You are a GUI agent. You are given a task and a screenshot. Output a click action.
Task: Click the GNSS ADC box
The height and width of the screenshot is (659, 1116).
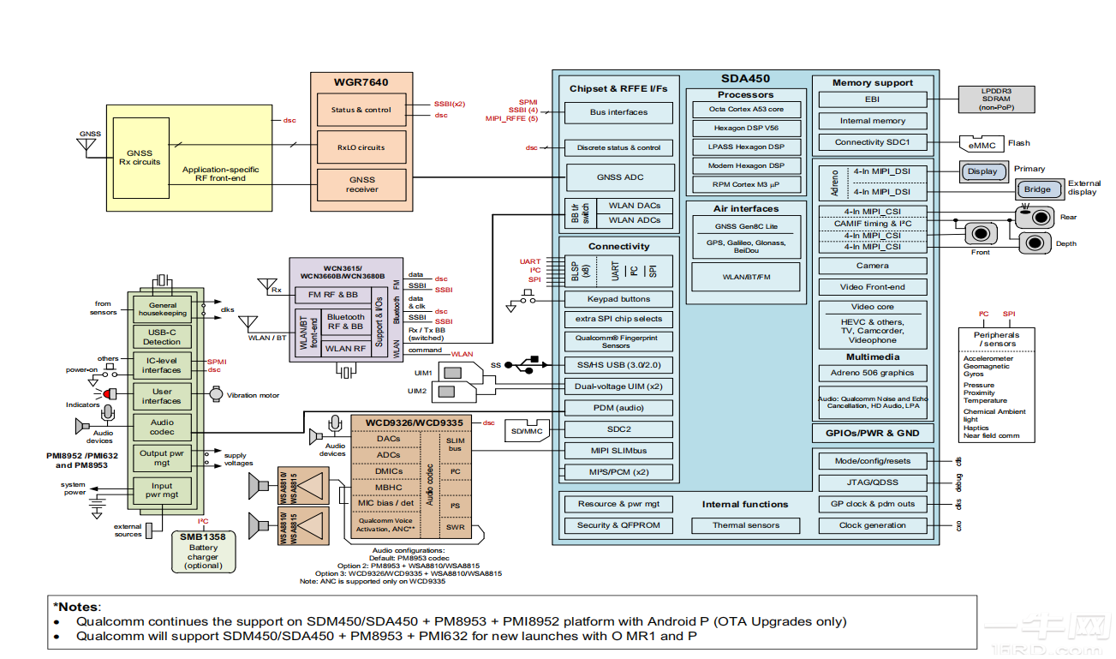point(620,177)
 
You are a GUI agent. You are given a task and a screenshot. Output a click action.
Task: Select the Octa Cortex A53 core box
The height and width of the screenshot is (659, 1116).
point(745,110)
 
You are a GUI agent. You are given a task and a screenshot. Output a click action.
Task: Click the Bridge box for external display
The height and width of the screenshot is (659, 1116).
point(1037,189)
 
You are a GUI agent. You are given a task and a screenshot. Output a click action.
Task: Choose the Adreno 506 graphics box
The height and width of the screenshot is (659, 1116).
point(872,373)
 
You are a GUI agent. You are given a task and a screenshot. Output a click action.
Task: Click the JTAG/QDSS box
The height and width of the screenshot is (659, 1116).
point(872,482)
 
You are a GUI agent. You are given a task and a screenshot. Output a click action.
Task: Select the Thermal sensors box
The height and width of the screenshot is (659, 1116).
point(745,525)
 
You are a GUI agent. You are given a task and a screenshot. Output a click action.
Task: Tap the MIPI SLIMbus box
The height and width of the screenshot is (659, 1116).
point(618,451)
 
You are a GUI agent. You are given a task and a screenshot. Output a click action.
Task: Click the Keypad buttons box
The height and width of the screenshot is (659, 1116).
point(618,299)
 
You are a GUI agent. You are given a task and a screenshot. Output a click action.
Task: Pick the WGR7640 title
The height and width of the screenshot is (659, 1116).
point(361,82)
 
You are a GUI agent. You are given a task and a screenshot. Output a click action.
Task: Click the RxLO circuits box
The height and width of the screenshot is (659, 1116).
point(361,147)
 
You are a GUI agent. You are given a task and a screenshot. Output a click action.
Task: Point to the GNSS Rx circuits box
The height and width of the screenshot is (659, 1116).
point(140,158)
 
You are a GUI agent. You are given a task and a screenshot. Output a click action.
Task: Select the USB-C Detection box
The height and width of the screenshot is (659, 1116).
point(162,337)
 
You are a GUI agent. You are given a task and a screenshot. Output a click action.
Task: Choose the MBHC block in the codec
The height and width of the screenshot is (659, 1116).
point(388,488)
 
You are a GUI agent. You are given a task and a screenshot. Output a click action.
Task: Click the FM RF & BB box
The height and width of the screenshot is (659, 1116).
point(338,294)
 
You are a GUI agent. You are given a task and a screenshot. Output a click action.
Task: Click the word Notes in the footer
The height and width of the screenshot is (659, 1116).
point(78,606)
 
